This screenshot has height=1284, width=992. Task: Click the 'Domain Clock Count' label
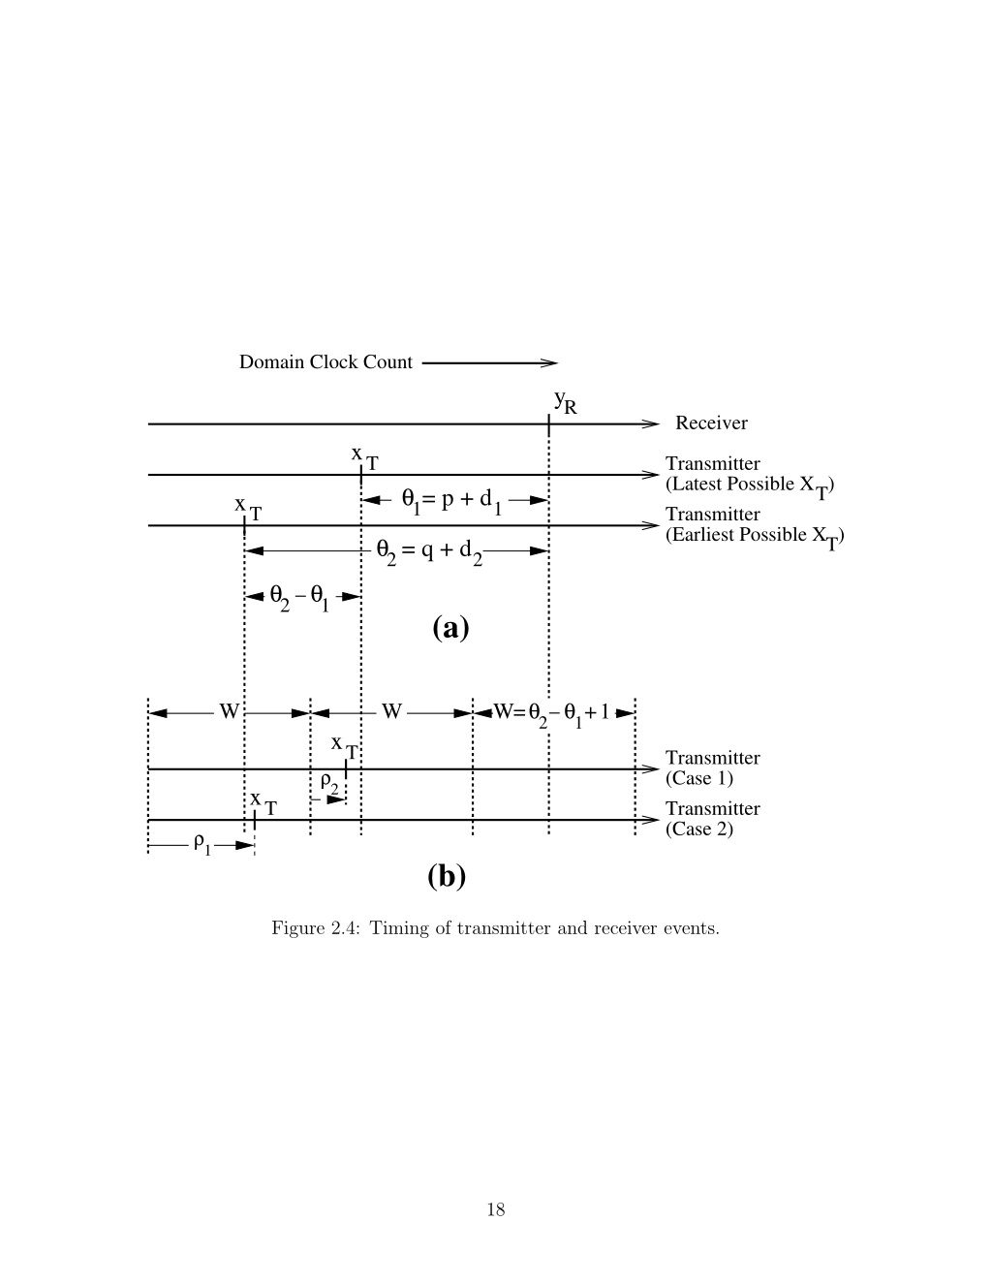click(x=325, y=361)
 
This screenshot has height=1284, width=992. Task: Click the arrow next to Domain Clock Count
click(x=490, y=362)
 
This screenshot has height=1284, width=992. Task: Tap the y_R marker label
click(x=565, y=402)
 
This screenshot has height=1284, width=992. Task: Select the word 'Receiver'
click(x=711, y=423)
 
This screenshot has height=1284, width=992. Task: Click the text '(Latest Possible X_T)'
click(x=750, y=486)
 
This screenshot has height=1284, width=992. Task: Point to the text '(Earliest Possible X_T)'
click(x=755, y=537)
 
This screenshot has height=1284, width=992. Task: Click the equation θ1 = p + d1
click(x=452, y=501)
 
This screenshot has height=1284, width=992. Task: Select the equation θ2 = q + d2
click(x=429, y=552)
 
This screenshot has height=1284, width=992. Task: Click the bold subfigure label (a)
click(x=450, y=628)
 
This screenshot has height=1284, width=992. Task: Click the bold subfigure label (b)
click(x=447, y=876)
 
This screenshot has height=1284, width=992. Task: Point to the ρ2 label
click(x=329, y=784)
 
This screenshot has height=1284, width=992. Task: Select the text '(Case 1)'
click(x=699, y=778)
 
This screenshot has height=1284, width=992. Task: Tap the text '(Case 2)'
click(x=699, y=829)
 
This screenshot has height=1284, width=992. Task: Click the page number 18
click(x=496, y=1209)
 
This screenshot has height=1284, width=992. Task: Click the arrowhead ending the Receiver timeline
click(x=651, y=423)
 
